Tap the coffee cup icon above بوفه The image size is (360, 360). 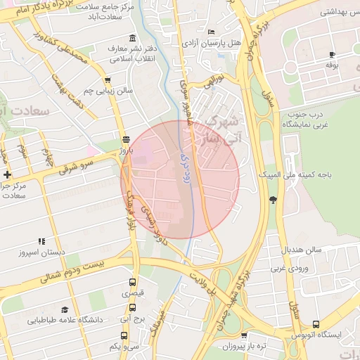click(332, 54)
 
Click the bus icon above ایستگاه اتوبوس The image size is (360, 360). click(316, 324)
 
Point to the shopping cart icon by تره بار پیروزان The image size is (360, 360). click(244, 336)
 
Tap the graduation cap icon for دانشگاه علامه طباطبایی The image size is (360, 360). click(65, 309)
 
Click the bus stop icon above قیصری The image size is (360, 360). click(132, 281)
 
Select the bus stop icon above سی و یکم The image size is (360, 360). click(131, 335)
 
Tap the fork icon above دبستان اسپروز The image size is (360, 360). click(41, 240)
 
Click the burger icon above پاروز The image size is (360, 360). click(126, 139)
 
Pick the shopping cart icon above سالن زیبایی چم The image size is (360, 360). click(107, 80)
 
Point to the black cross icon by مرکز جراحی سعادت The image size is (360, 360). click(7, 174)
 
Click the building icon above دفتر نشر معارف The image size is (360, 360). click(132, 38)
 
